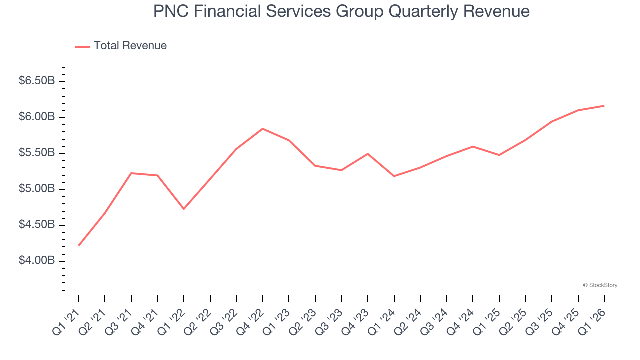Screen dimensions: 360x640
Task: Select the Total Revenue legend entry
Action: point(121,46)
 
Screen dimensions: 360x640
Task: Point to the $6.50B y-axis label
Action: point(37,81)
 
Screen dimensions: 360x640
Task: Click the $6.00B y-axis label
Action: point(37,117)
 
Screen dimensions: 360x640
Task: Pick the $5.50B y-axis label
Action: point(37,153)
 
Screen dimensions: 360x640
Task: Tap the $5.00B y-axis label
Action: point(37,189)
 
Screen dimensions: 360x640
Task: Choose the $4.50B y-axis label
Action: point(37,225)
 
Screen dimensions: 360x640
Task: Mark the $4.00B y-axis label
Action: point(37,261)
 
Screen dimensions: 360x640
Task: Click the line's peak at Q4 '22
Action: point(263,129)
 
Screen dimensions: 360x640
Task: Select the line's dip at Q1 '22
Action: point(184,209)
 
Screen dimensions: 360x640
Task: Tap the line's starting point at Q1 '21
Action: point(79,245)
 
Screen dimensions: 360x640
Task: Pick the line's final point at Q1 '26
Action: point(604,106)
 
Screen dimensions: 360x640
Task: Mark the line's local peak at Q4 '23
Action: point(368,154)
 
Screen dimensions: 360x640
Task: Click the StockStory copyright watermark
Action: point(600,285)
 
